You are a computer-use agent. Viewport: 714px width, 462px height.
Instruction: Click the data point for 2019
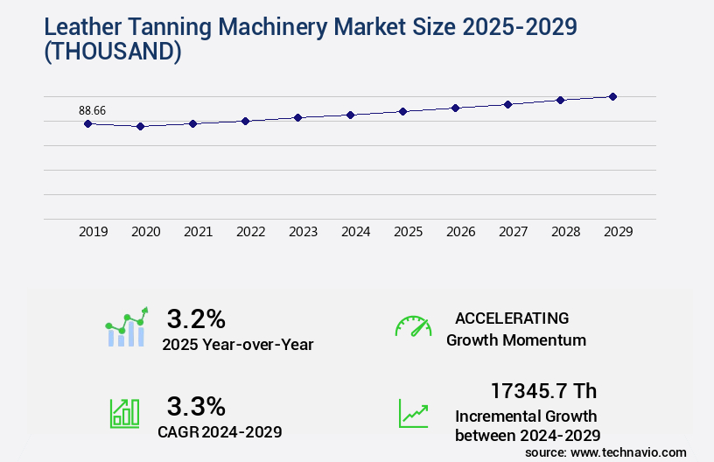point(87,123)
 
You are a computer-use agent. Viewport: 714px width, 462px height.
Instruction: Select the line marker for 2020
point(140,126)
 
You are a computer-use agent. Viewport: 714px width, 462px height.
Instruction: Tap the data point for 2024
point(350,115)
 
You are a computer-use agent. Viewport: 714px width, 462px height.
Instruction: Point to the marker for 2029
point(612,96)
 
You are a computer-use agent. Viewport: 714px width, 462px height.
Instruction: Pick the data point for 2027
point(507,104)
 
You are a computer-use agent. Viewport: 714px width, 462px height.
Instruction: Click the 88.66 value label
point(92,110)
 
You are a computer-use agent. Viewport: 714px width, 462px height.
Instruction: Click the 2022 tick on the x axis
point(250,232)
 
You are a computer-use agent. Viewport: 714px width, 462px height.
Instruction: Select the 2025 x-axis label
point(408,232)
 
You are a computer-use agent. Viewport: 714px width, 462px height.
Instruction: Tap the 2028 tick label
point(565,232)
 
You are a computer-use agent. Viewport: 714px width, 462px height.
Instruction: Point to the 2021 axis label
point(198,232)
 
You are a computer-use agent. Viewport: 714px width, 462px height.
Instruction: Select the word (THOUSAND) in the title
point(112,52)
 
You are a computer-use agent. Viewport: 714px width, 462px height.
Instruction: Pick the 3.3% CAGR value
point(196,406)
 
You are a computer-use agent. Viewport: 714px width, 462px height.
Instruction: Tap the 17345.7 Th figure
point(543,391)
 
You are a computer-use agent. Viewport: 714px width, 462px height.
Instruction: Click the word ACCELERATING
point(512,318)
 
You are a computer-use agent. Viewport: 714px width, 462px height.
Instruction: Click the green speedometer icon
point(413,326)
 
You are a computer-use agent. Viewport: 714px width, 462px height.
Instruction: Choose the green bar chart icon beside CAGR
point(123,413)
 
